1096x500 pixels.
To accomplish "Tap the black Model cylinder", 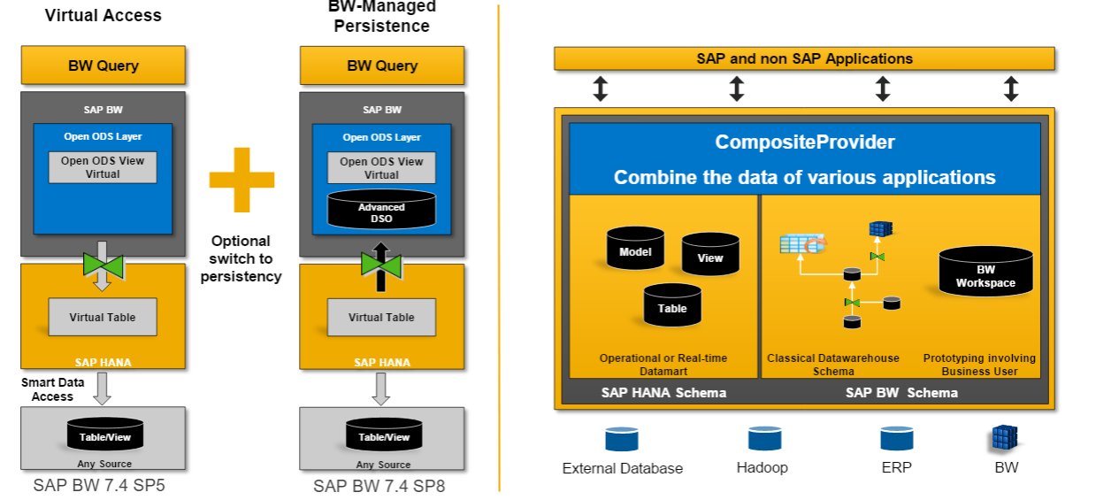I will pos(636,250).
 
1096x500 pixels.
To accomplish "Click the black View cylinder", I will pos(709,256).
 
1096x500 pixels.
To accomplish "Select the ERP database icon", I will pos(895,440).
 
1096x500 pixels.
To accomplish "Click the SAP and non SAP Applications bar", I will pos(804,59).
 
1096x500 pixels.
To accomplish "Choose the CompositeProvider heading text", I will pos(804,142).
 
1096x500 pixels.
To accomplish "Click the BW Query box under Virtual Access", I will pos(103,65).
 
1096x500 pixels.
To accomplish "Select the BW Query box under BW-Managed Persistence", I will pos(382,65).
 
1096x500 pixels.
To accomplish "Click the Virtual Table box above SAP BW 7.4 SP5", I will pos(103,317).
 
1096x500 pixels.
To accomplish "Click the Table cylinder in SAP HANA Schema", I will pos(671,305).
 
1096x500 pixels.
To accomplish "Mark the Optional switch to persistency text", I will pos(241,258).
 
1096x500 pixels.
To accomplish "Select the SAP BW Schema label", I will pos(901,393).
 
